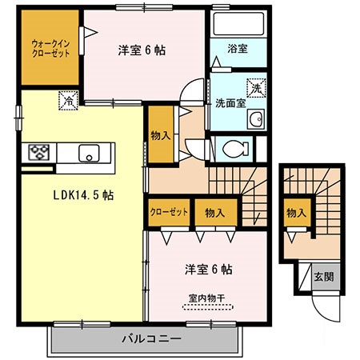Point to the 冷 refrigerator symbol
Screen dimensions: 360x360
coord(69,102)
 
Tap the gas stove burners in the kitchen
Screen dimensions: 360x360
coord(40,151)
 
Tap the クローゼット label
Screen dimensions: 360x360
coord(168,212)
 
